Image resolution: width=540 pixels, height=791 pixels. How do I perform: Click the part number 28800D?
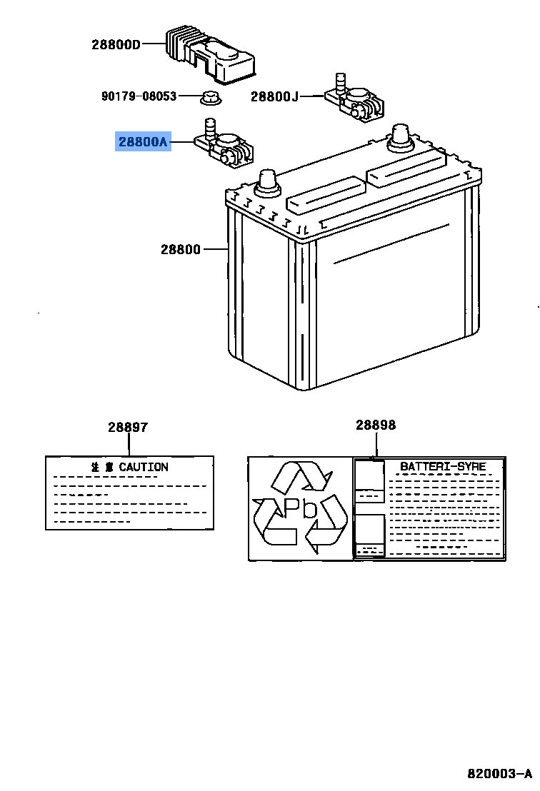click(x=116, y=44)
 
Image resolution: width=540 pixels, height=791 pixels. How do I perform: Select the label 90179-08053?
click(x=138, y=96)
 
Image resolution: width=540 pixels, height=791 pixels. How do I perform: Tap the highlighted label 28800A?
click(x=143, y=142)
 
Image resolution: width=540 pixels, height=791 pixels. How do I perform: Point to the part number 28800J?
click(x=274, y=96)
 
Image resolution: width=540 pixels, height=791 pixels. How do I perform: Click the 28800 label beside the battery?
click(x=181, y=249)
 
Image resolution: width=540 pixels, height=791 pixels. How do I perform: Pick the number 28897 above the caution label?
click(x=128, y=428)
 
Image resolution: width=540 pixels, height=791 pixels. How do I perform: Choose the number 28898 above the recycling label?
click(x=376, y=425)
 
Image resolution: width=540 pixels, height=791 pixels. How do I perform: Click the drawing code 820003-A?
click(x=500, y=774)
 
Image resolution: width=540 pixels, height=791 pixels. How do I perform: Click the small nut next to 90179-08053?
click(x=209, y=96)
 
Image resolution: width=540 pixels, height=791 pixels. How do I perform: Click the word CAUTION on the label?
click(x=144, y=467)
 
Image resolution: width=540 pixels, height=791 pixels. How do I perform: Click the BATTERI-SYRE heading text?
click(x=443, y=466)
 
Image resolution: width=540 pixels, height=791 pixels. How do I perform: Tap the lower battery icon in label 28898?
click(x=369, y=535)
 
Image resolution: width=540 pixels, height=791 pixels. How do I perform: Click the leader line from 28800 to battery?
click(x=215, y=249)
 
